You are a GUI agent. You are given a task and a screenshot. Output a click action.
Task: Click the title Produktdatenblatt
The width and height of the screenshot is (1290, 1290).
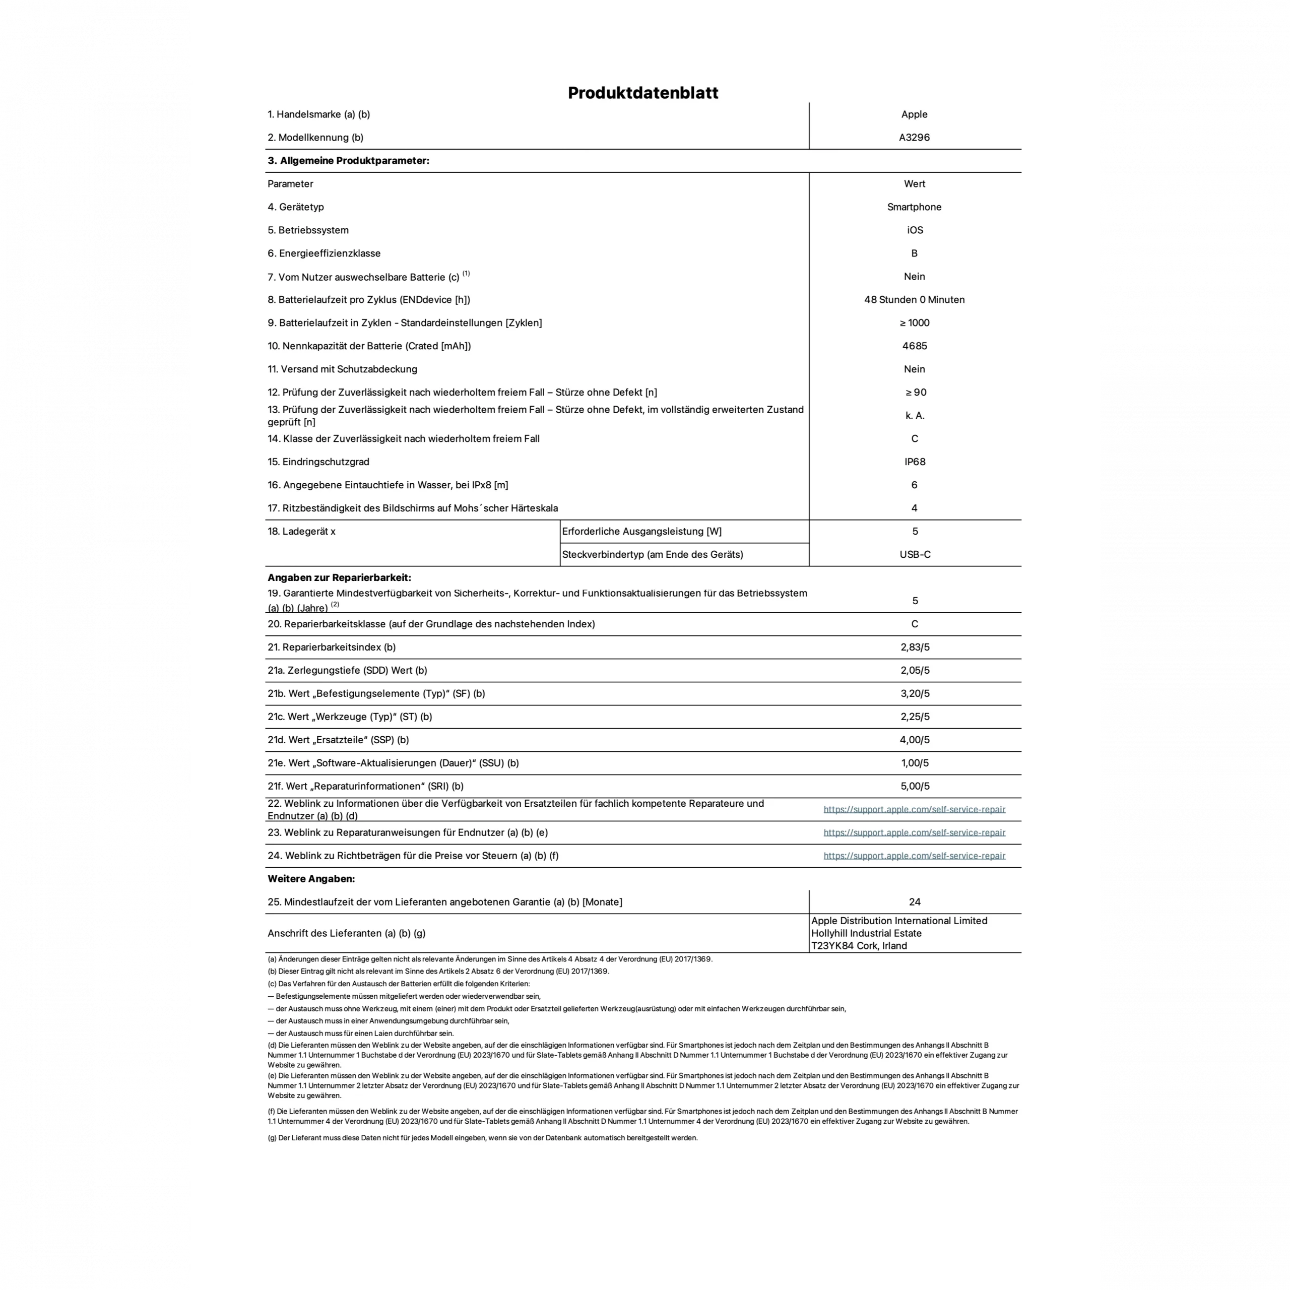pyautogui.click(x=642, y=93)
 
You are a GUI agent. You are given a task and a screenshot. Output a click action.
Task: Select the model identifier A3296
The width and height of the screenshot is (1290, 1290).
pyautogui.click(x=914, y=138)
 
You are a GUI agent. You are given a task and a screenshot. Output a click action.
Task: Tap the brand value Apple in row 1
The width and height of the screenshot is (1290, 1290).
pyautogui.click(x=914, y=114)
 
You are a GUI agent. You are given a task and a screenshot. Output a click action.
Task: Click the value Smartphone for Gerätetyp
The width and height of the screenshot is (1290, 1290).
pyautogui.click(x=914, y=207)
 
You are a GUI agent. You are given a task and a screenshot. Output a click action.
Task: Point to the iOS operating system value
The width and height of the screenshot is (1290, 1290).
pyautogui.click(x=914, y=230)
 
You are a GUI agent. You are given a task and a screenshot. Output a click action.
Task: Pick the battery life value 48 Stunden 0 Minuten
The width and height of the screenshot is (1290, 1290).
pyautogui.click(x=914, y=300)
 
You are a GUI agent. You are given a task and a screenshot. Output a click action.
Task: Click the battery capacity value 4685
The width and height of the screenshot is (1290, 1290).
pyautogui.click(x=914, y=346)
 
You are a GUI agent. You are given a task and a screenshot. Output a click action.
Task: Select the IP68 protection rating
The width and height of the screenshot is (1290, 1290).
pyautogui.click(x=914, y=462)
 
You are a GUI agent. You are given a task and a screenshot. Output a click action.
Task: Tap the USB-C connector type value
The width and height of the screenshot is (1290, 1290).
pyautogui.click(x=914, y=555)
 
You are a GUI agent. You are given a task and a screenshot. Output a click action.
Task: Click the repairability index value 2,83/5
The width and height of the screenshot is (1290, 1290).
pyautogui.click(x=914, y=647)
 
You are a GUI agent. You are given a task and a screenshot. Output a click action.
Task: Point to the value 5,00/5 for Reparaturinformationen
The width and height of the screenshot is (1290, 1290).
pyautogui.click(x=914, y=787)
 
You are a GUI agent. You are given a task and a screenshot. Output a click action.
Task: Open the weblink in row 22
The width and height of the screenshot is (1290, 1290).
pyautogui.click(x=914, y=809)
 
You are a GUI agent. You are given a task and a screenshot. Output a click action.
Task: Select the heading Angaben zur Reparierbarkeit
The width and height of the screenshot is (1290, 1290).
pyautogui.click(x=339, y=577)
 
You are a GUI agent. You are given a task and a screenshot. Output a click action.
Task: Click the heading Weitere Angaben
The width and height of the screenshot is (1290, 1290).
pyautogui.click(x=311, y=879)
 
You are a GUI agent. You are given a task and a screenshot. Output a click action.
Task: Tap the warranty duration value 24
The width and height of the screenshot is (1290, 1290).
pyautogui.click(x=914, y=902)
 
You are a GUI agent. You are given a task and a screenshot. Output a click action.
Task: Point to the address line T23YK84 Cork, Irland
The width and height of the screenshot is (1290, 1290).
pyautogui.click(x=859, y=945)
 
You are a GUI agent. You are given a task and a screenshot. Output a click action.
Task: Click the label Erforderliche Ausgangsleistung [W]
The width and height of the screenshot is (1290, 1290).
pyautogui.click(x=641, y=532)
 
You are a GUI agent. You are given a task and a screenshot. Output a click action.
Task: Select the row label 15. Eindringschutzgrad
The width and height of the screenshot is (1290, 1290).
pyautogui.click(x=318, y=462)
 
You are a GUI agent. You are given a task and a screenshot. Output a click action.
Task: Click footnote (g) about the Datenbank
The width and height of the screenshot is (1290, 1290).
pyautogui.click(x=482, y=1138)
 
